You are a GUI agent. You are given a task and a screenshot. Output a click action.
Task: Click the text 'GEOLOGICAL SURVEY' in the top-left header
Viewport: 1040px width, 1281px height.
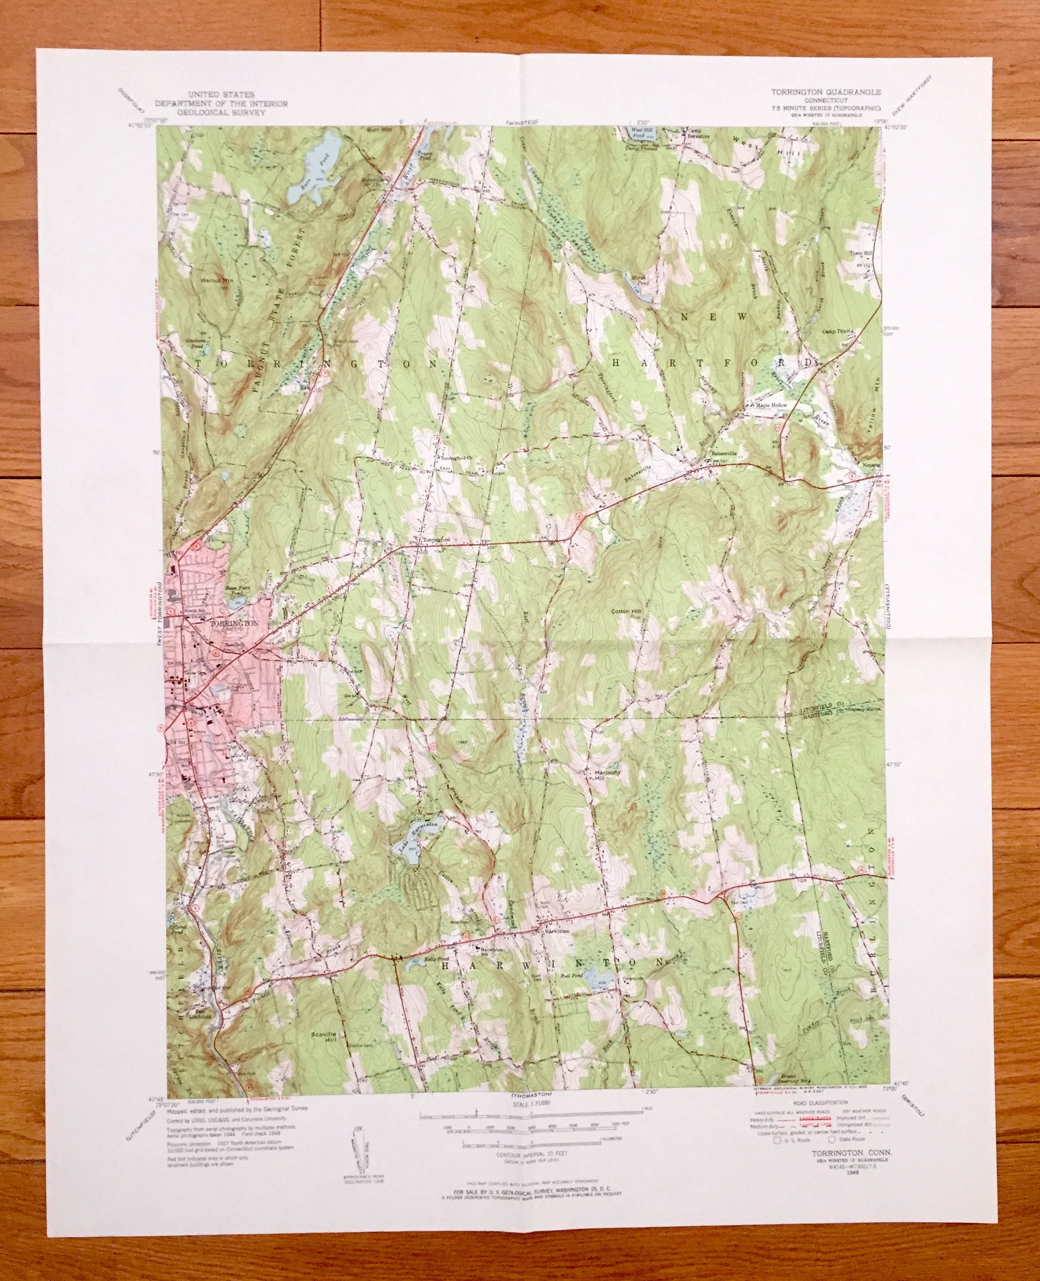click(x=221, y=112)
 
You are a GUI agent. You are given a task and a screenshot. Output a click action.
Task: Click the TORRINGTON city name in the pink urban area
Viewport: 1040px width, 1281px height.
click(x=234, y=623)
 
